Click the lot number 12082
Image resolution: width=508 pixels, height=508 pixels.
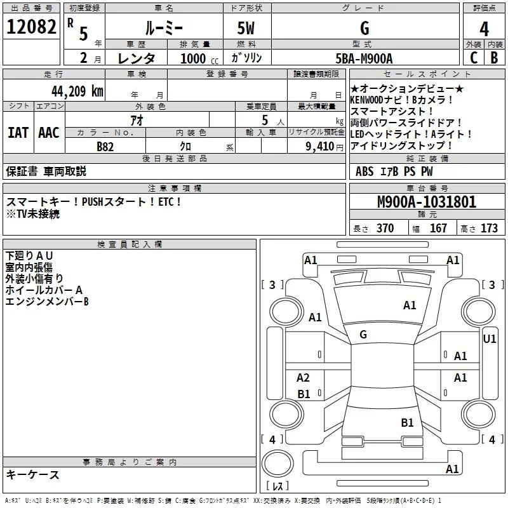coord(31,27)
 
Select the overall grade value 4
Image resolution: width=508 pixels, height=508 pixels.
coord(484,29)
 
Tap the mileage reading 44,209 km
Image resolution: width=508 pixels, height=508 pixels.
coord(77,91)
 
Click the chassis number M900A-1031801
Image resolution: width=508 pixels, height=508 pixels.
coord(427,202)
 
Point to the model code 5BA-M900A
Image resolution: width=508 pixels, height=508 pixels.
coord(364,58)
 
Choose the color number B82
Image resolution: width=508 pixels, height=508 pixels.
coord(105,147)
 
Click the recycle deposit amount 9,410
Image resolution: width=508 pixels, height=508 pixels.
coord(320,147)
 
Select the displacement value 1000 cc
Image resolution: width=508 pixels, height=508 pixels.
coord(199,58)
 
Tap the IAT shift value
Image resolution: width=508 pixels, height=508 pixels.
coord(18,133)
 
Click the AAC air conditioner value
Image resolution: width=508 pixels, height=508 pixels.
coord(49,133)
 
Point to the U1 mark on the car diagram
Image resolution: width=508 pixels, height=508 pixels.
coord(489,339)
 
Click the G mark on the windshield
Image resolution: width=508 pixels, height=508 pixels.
coord(363,335)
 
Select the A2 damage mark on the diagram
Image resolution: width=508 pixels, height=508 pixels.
coord(303,377)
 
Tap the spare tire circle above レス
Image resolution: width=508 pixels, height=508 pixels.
coord(277,464)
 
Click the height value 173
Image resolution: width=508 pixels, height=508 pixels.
coord(489,228)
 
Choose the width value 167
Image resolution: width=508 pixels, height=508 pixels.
coord(438,228)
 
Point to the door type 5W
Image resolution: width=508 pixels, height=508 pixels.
coord(246,28)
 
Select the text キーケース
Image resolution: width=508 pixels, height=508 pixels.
coord(33,475)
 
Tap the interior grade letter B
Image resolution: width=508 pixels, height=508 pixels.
coord(494,58)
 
